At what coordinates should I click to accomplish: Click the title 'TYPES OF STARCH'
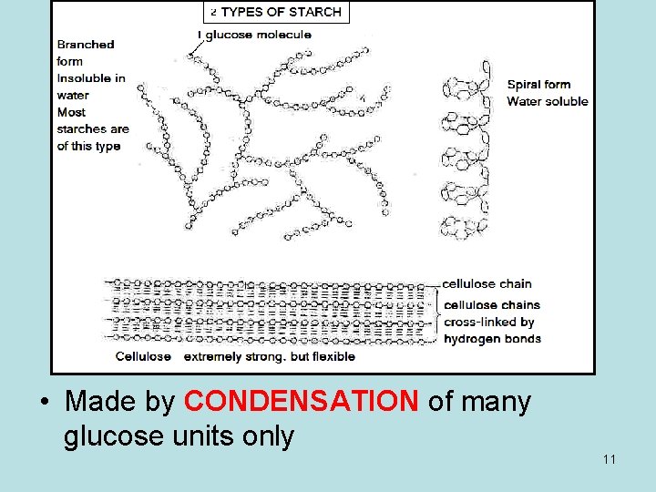point(281,12)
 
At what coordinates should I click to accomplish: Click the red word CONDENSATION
point(301,402)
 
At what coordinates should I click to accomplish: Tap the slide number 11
point(609,458)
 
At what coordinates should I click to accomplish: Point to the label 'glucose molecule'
point(258,35)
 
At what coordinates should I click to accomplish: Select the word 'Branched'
point(86,44)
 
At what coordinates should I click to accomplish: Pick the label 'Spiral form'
point(538,84)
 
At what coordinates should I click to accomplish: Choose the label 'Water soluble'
point(547,101)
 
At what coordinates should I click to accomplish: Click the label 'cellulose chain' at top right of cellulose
point(487,283)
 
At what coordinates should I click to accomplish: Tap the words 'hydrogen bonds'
point(492,339)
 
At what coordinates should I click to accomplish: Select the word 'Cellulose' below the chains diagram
point(143,356)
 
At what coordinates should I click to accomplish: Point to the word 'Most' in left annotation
point(71,112)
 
